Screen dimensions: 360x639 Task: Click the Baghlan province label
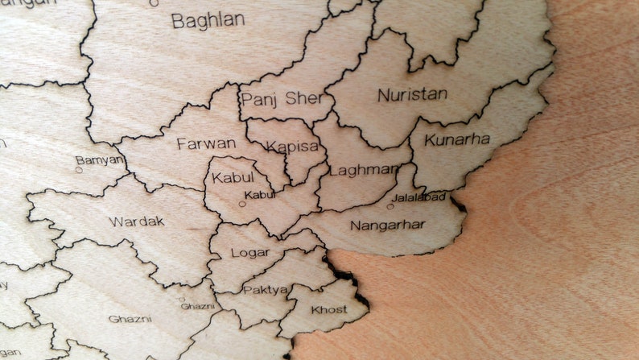208,20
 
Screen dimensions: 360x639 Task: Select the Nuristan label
412,94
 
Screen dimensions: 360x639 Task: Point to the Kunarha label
457,139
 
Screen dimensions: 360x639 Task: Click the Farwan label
206,144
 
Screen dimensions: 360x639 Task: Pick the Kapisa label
292,147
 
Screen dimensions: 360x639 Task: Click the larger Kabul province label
233,177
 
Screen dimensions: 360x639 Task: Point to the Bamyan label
100,159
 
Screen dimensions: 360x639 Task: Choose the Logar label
250,253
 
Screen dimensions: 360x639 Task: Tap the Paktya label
266,289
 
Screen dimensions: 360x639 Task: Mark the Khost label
329,309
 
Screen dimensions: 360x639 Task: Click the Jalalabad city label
418,197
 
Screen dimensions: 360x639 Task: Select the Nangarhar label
386,225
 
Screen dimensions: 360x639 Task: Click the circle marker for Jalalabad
390,206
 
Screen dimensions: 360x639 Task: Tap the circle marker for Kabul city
241,204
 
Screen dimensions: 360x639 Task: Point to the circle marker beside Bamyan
78,170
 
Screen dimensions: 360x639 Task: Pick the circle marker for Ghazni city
181,299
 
